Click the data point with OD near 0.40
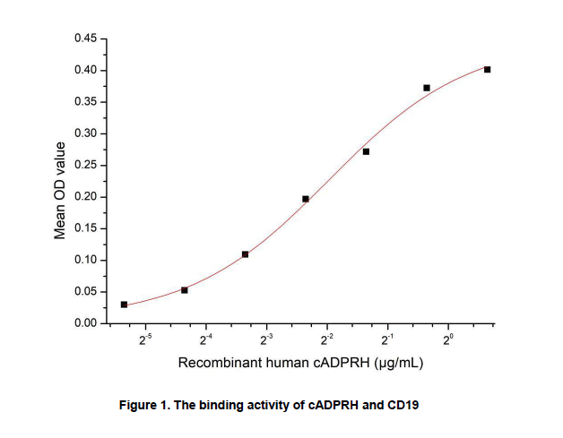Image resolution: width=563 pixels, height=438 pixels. coord(487,69)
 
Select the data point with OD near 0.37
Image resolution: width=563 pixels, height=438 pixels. coord(427,88)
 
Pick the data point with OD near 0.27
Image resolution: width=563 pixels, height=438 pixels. coord(366,151)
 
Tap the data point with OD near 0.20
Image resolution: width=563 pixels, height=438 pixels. coord(306,199)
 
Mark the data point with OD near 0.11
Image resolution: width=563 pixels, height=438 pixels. coord(245,254)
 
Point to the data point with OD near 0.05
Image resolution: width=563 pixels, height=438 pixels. coord(185,290)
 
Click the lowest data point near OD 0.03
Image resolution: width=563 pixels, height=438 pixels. coord(124,305)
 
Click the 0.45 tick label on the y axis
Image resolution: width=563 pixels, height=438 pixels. coord(84,39)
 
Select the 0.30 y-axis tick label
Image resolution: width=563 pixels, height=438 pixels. coord(84,134)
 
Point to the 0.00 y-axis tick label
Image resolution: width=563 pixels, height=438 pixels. coord(84,323)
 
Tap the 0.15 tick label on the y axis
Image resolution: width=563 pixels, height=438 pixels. coord(84,228)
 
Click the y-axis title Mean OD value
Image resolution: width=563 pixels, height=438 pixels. coord(61,190)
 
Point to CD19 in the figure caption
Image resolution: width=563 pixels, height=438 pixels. coord(403,406)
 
